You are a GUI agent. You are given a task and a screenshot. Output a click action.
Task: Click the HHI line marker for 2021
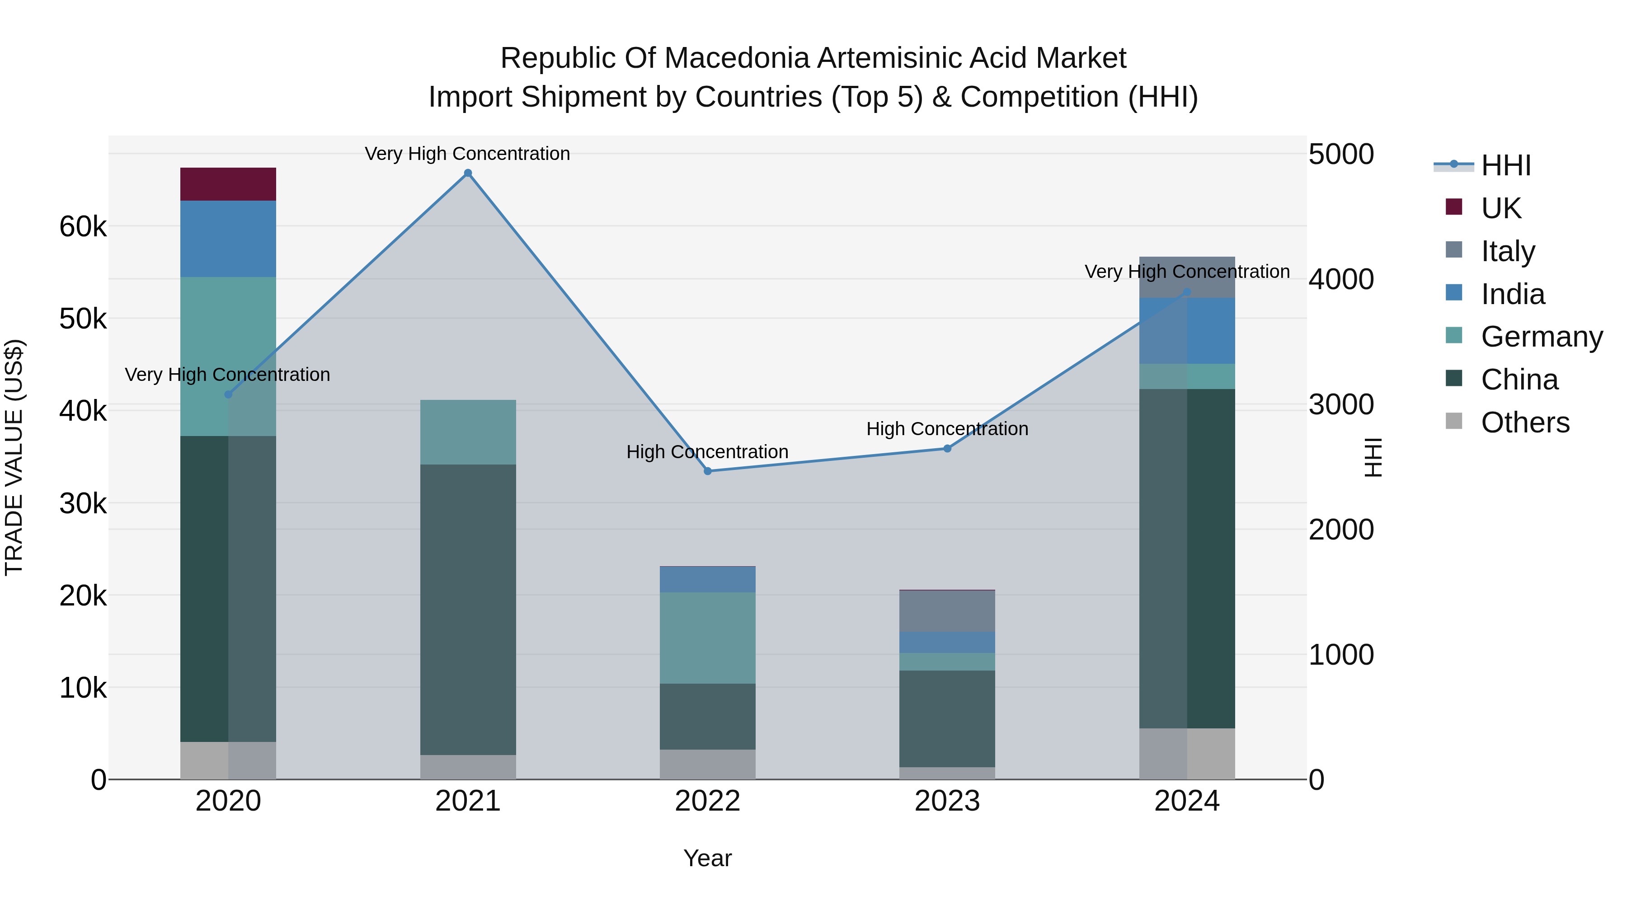click(x=468, y=173)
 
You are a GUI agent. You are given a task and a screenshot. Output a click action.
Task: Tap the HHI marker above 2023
click(x=947, y=448)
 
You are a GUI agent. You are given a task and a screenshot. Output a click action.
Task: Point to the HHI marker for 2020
click(x=229, y=394)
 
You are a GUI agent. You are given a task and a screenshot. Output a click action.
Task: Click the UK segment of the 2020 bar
click(x=228, y=184)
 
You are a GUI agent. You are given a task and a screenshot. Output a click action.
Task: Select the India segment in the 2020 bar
click(x=228, y=239)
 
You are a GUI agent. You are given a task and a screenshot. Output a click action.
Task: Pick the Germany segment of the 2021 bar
click(x=468, y=432)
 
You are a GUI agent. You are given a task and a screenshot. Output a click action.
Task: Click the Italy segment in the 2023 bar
click(x=947, y=610)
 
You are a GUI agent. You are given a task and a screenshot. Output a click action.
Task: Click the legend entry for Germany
click(x=1542, y=337)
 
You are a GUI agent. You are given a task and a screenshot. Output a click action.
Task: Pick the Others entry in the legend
click(x=1525, y=422)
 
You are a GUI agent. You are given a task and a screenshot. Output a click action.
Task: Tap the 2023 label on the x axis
click(x=947, y=801)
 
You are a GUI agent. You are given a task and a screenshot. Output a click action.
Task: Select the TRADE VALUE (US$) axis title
click(x=14, y=457)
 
